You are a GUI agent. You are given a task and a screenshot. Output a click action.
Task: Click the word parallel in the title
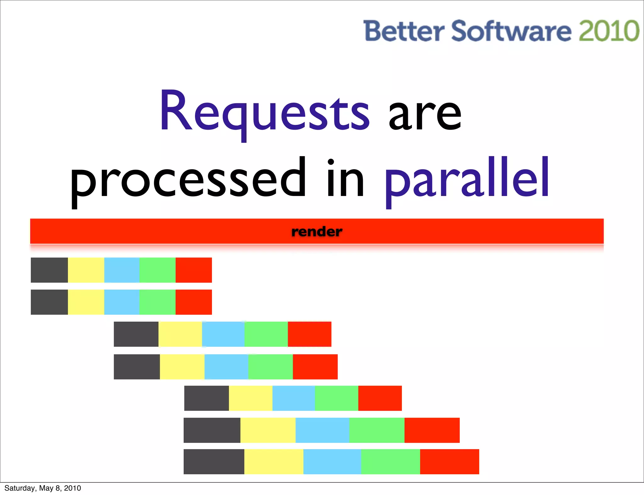tap(467, 180)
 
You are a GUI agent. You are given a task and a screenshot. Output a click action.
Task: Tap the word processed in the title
tap(188, 180)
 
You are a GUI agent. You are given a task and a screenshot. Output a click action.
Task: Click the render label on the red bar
tap(317, 232)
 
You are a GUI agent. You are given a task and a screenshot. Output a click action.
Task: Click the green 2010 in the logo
tap(609, 31)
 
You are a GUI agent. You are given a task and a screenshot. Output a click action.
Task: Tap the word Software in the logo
tap(511, 31)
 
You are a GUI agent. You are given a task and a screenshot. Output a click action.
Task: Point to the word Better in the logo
tap(404, 31)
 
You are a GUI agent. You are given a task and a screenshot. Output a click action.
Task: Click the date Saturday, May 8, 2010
tap(43, 488)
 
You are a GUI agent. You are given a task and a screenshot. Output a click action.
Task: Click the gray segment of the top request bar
tap(49, 270)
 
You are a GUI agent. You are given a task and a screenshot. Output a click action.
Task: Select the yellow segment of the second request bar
tap(86, 302)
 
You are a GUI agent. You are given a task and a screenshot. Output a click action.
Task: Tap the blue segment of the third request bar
tap(223, 334)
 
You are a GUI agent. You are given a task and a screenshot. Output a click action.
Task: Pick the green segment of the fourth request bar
tap(270, 367)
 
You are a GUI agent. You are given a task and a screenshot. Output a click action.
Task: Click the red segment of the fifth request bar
tap(380, 398)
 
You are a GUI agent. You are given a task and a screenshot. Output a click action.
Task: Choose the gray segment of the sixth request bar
tap(212, 430)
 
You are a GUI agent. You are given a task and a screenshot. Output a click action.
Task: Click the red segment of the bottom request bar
tap(450, 462)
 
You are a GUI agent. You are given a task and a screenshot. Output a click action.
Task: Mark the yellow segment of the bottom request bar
tap(274, 462)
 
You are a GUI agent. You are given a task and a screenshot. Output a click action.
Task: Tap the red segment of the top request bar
tap(194, 270)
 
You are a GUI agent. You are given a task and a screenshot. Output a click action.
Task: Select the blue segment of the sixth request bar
tap(322, 430)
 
